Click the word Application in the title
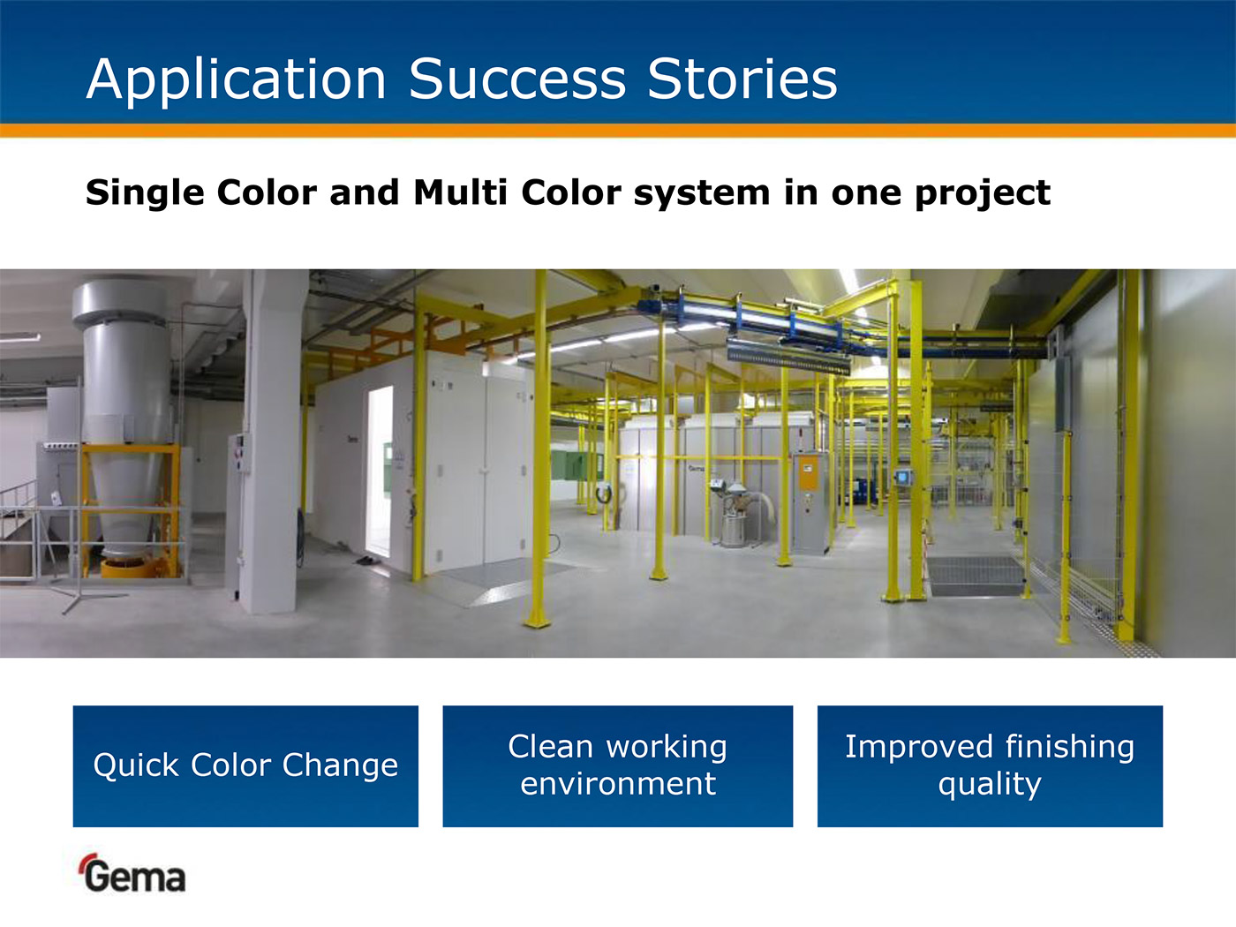point(236,79)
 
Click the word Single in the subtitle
point(145,192)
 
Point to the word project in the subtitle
point(983,193)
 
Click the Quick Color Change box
point(245,766)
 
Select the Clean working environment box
point(618,766)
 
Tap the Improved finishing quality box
point(990,766)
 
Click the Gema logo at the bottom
point(132,873)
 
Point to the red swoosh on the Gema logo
point(87,861)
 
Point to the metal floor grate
point(976,576)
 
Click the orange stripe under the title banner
point(618,131)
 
